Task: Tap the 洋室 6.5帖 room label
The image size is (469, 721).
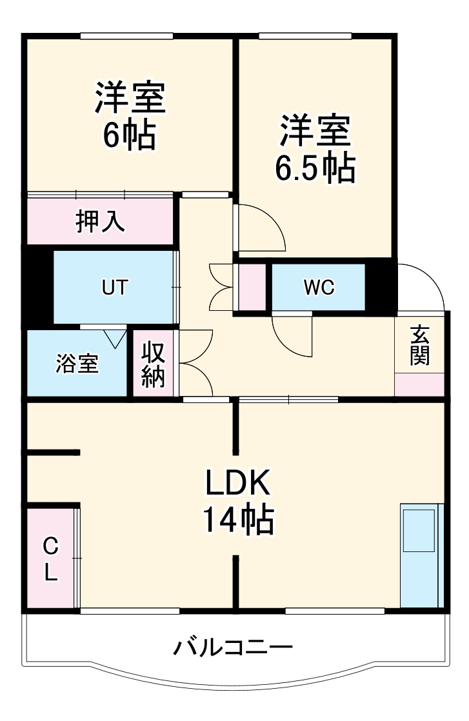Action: [315, 148]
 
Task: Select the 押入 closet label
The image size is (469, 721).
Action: [99, 221]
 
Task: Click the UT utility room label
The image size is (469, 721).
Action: [114, 288]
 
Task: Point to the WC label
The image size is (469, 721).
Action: [319, 288]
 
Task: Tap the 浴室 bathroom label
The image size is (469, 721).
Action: [77, 364]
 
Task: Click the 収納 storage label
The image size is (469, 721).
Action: [154, 364]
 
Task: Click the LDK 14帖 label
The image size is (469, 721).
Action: [239, 500]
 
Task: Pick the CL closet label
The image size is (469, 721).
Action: [50, 558]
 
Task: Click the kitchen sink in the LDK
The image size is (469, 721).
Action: [420, 530]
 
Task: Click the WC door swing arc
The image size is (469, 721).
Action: [294, 335]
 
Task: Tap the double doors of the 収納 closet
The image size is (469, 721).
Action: [197, 364]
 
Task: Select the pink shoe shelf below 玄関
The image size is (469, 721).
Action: [419, 384]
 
